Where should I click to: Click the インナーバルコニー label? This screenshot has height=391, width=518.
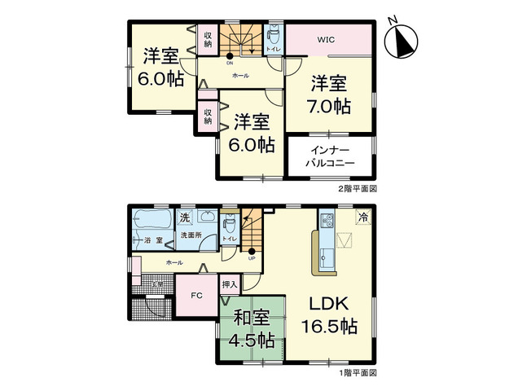click(330, 157)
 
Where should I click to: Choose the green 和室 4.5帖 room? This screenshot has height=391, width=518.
click(252, 331)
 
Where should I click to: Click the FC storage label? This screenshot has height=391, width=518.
click(195, 296)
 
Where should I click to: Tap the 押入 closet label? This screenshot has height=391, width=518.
click(230, 284)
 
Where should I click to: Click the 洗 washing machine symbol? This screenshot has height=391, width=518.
click(184, 217)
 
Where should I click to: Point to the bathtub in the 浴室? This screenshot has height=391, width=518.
click(151, 221)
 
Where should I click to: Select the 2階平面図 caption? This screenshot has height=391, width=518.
click(358, 187)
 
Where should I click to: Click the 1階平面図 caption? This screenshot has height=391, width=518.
click(358, 372)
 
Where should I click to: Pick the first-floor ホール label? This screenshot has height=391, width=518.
click(173, 263)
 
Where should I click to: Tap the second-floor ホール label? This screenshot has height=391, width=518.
click(240, 76)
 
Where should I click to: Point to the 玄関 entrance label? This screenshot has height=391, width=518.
click(159, 283)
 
